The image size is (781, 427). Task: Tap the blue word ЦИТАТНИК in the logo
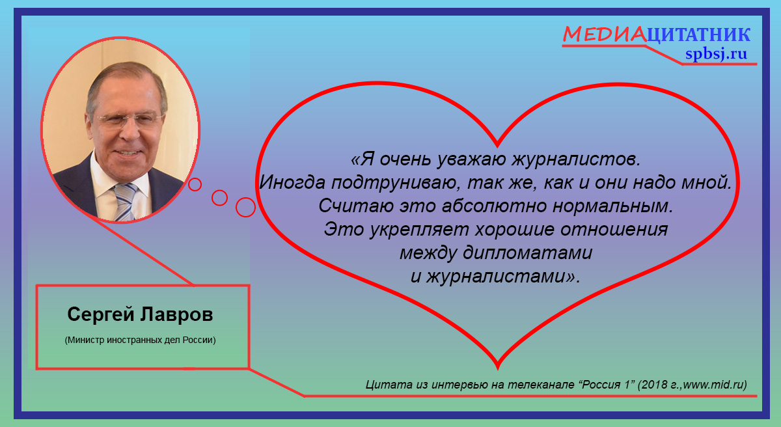[x=698, y=35]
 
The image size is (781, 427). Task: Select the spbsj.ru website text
[x=716, y=53]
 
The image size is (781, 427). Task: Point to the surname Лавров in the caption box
[x=176, y=314]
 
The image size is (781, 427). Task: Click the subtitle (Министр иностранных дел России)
[x=140, y=340]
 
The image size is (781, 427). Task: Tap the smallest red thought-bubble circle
[x=195, y=184]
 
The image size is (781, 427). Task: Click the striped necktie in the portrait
[x=125, y=202]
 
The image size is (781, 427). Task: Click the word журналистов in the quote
[x=576, y=159]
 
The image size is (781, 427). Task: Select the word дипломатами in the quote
[x=528, y=253]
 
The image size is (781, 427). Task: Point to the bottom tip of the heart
[x=497, y=369]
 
